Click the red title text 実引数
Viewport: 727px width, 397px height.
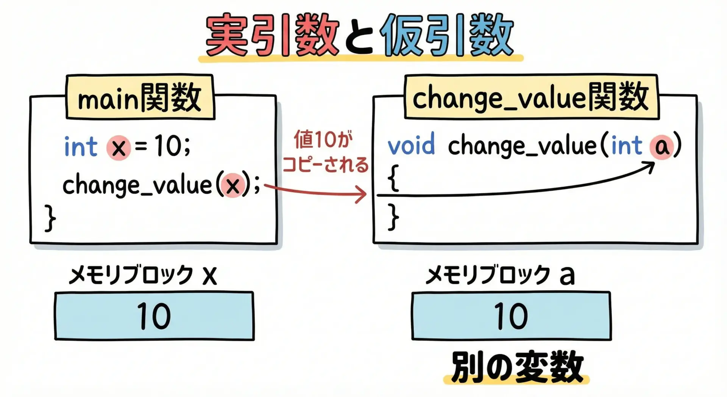272,35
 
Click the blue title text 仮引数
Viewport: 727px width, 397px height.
447,35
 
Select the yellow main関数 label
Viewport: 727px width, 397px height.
140,97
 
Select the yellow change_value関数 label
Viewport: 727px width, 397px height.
531,97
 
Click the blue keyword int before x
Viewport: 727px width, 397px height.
81,146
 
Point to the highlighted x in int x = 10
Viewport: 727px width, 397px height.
119,148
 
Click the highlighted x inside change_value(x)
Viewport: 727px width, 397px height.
232,185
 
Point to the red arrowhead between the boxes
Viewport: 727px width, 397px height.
361,195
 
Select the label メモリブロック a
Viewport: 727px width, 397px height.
500,275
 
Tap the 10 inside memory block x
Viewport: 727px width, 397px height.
154,316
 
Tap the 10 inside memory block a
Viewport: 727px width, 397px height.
511,316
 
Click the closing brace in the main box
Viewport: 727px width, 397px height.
50,218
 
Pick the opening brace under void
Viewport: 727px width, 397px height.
394,177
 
